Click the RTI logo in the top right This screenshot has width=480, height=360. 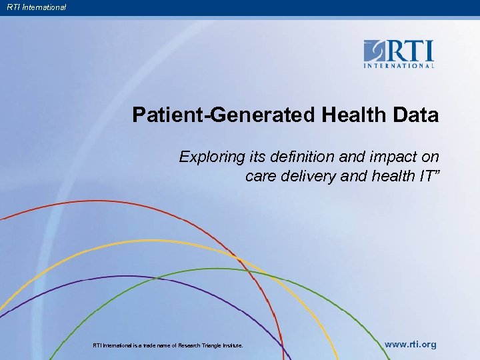coord(399,53)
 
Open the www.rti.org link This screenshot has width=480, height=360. coord(411,345)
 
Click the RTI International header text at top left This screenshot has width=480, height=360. coord(37,7)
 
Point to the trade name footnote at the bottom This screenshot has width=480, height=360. coord(167,345)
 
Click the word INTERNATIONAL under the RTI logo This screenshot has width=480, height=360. coord(399,65)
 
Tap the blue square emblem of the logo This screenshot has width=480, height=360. coord(375,51)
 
